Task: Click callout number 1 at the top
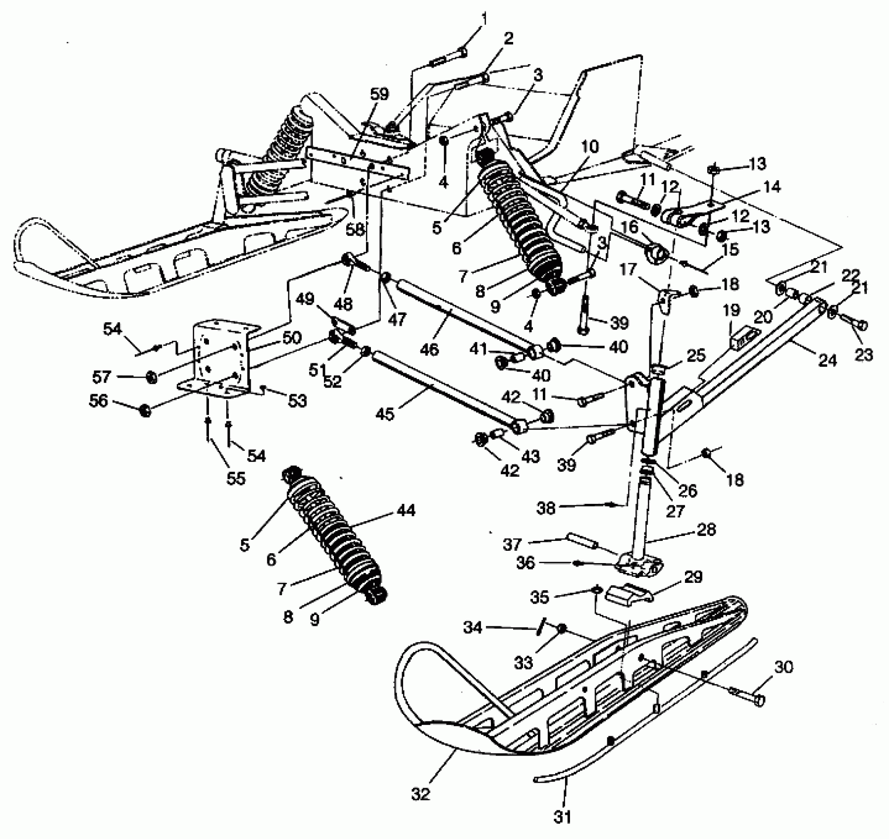(484, 19)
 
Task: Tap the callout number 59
(379, 94)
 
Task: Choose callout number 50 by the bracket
(292, 338)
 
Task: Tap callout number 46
(430, 349)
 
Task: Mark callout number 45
(385, 414)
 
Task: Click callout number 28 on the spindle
(706, 530)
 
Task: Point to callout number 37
(512, 545)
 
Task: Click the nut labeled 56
(145, 410)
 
